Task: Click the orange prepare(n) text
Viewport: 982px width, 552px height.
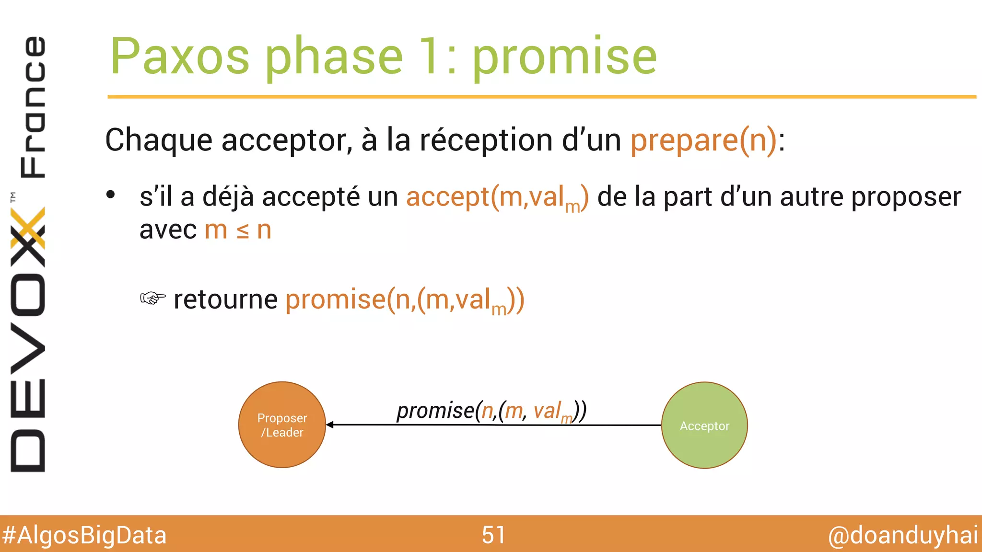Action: (x=703, y=140)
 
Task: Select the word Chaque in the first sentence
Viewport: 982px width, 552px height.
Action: (x=158, y=140)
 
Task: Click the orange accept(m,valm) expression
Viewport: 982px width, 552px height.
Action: (x=497, y=197)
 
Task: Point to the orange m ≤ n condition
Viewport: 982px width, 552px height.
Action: (x=238, y=230)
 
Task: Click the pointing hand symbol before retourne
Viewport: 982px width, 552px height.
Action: (x=152, y=299)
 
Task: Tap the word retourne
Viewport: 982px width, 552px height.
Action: (x=225, y=299)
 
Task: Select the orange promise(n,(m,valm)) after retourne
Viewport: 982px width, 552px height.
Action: (x=405, y=300)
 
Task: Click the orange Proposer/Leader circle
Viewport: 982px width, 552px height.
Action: (x=282, y=425)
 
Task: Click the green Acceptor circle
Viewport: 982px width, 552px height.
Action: (x=704, y=425)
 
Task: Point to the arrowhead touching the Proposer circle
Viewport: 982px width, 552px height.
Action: (x=330, y=425)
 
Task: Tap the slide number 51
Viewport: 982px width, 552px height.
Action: (x=493, y=535)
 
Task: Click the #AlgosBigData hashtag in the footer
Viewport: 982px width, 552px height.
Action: (x=84, y=535)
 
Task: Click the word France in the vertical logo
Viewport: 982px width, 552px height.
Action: (x=33, y=106)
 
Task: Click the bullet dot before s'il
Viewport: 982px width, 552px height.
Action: (x=111, y=195)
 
